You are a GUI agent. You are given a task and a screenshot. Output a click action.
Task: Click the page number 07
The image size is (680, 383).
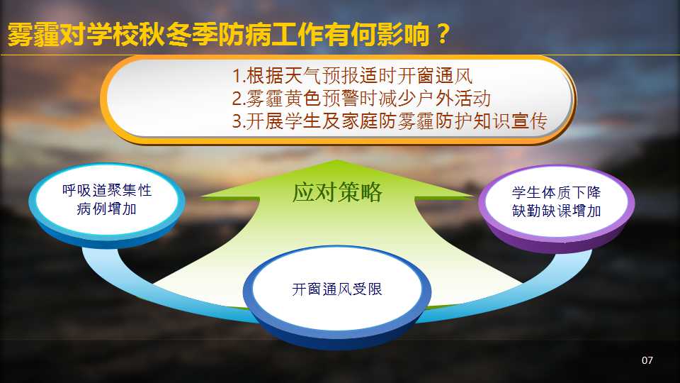tap(647, 360)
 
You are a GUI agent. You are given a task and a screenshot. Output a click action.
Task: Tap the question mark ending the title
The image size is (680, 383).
tap(443, 33)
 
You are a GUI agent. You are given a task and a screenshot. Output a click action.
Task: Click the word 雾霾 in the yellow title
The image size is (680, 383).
tap(33, 34)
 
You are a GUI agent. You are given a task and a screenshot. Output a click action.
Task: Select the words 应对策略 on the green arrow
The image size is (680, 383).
tap(337, 192)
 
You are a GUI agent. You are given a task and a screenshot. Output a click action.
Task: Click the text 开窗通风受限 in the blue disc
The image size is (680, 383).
tap(337, 289)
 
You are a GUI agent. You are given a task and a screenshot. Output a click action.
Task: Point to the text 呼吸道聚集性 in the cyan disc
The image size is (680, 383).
tap(107, 190)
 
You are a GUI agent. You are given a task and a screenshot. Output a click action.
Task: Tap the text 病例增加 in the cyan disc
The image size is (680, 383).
tap(107, 209)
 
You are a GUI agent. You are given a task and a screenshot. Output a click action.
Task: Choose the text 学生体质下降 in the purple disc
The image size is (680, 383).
tap(557, 192)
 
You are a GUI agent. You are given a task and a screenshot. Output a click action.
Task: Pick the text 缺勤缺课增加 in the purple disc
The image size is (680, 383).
tap(557, 211)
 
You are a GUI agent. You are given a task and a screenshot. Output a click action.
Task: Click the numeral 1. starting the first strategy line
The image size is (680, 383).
tap(239, 76)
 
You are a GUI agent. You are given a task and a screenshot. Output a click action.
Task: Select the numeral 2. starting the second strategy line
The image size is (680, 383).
tap(239, 99)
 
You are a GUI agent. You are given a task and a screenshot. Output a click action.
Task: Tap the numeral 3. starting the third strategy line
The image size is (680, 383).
tap(239, 121)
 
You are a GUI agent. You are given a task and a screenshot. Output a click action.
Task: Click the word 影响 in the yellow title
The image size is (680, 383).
tap(403, 34)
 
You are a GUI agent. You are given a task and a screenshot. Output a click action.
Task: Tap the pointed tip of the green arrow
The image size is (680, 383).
tap(336, 161)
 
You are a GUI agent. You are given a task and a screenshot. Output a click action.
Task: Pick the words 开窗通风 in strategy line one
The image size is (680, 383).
tap(434, 76)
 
